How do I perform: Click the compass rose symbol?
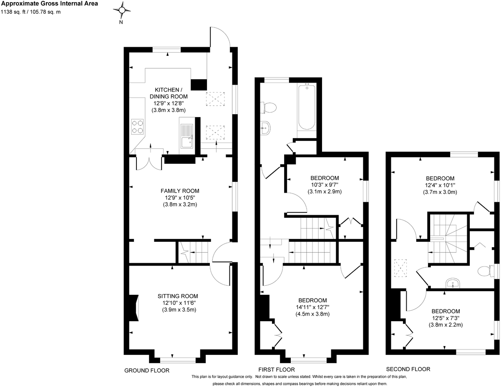122,10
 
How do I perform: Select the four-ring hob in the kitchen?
137,126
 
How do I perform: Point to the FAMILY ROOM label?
180,191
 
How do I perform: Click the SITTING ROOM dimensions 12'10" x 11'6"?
179,303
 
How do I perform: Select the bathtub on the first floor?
307,108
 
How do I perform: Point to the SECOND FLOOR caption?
408,369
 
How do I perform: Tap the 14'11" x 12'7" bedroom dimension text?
312,307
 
